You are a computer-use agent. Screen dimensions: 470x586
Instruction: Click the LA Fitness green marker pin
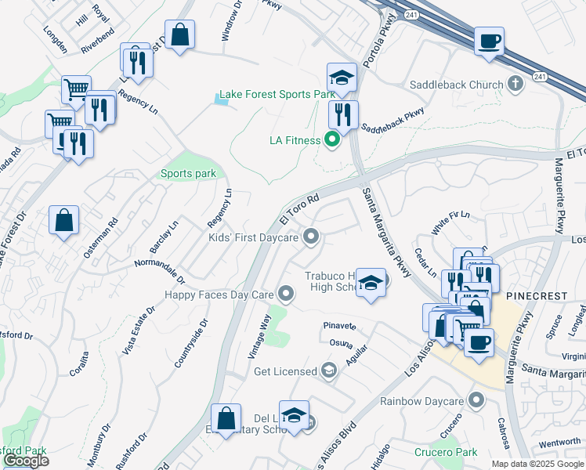pyautogui.click(x=331, y=141)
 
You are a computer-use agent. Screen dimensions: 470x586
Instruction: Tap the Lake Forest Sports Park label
pyautogui.click(x=277, y=94)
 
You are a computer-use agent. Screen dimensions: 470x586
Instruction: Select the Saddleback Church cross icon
pyautogui.click(x=515, y=84)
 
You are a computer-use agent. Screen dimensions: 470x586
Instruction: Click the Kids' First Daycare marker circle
pyautogui.click(x=311, y=237)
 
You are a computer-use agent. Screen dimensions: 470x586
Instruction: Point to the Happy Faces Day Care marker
pyautogui.click(x=287, y=295)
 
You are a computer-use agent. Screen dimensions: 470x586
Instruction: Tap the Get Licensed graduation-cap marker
pyautogui.click(x=329, y=371)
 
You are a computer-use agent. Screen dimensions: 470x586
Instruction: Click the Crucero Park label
pyautogui.click(x=446, y=452)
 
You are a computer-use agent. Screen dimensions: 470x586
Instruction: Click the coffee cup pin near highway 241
pyautogui.click(x=489, y=42)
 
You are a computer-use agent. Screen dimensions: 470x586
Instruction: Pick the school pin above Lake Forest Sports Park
pyautogui.click(x=342, y=78)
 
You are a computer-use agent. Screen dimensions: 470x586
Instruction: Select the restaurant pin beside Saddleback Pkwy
pyautogui.click(x=343, y=115)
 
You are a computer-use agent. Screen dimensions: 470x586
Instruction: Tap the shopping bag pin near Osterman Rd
pyautogui.click(x=63, y=221)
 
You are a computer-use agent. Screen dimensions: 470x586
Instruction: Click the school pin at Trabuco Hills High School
pyautogui.click(x=371, y=283)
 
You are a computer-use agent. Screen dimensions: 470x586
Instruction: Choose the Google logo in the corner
pyautogui.click(x=25, y=461)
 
